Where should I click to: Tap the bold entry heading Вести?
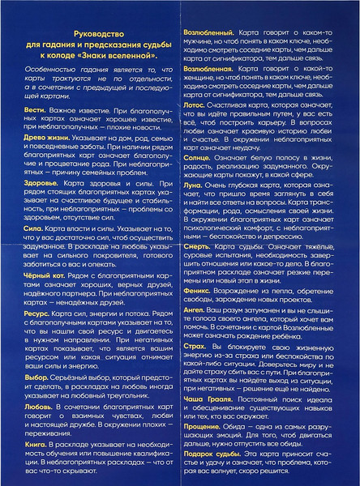click(35, 130)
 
